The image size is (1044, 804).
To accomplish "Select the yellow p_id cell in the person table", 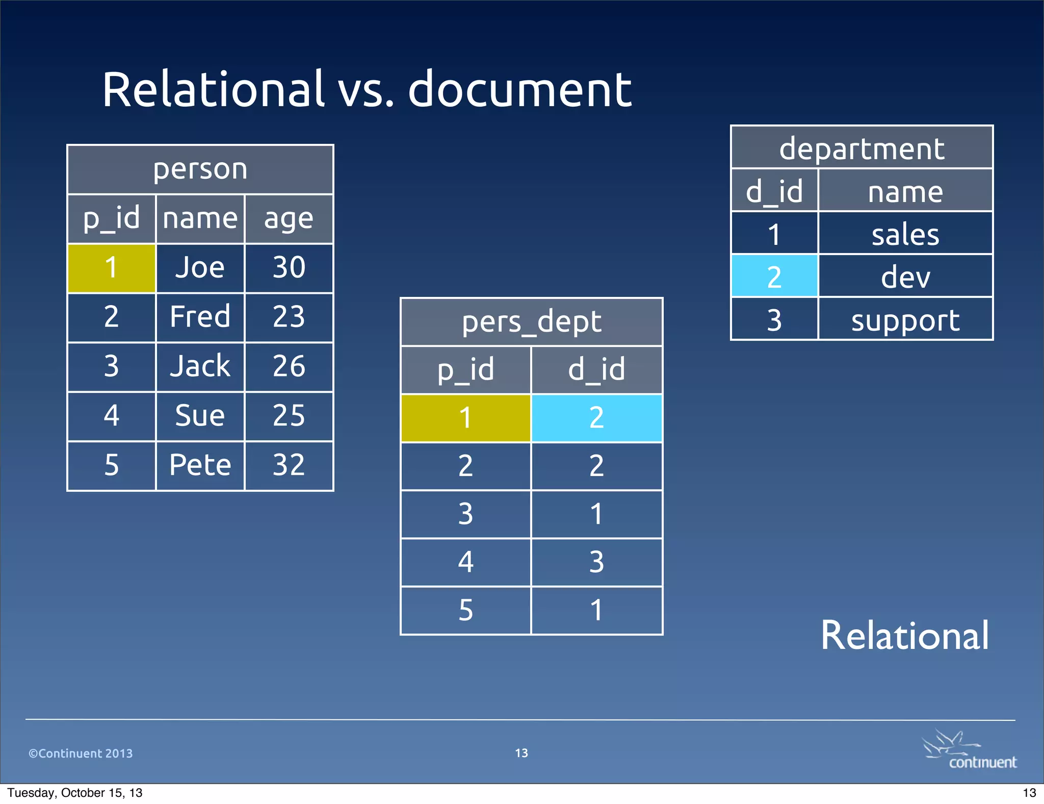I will [x=111, y=268].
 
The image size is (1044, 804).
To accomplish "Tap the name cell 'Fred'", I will [x=200, y=317].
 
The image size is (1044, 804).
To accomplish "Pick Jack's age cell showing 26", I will [x=289, y=366].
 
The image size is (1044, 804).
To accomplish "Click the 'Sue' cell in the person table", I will [x=200, y=416].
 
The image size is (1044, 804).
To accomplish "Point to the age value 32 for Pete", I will [x=289, y=465].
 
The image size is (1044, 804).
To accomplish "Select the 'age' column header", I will [x=289, y=219].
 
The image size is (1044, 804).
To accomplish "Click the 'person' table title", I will [x=200, y=169].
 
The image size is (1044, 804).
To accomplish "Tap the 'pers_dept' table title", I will [x=531, y=322].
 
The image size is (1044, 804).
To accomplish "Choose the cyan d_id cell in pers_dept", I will [x=596, y=418].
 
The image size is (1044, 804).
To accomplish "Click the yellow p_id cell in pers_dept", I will [x=465, y=418].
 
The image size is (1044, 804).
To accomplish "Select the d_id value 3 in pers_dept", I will [x=596, y=562].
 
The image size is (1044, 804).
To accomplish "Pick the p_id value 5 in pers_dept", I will [x=465, y=610].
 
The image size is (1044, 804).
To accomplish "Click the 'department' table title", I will [x=862, y=148].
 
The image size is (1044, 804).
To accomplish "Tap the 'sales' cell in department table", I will [x=905, y=234].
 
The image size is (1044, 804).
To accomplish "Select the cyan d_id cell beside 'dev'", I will [x=774, y=277].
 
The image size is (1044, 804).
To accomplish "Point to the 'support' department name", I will [x=905, y=320].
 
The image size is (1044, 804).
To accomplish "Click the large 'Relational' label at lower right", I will [x=904, y=636].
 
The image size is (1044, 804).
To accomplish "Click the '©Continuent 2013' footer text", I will [x=81, y=753].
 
